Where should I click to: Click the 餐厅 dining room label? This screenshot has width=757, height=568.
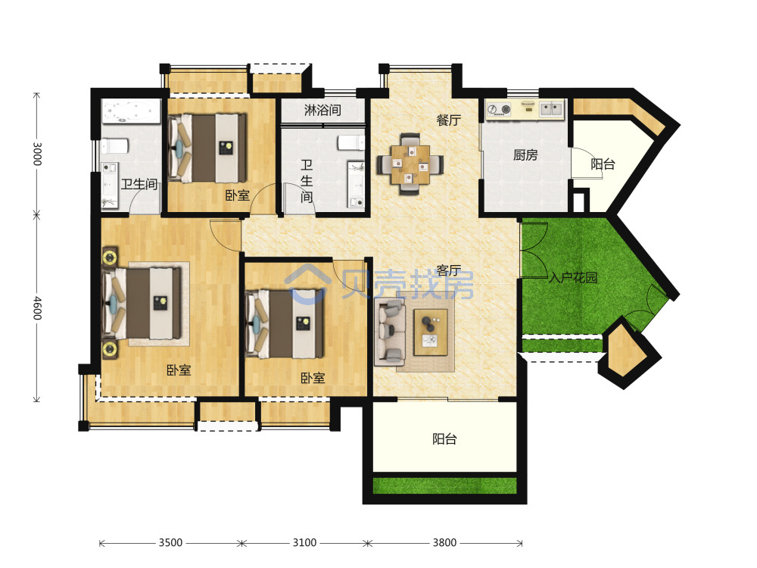[448, 120]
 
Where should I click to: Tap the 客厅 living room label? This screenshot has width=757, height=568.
[448, 271]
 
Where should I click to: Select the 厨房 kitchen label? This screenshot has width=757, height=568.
[525, 155]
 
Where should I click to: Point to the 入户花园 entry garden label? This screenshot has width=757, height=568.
[573, 278]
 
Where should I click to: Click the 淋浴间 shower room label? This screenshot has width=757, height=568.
[322, 110]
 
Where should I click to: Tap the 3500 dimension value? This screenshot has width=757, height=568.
[171, 543]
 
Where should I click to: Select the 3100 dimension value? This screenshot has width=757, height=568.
[304, 543]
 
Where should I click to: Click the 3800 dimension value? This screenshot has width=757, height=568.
[444, 543]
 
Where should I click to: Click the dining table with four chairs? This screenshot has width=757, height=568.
[410, 164]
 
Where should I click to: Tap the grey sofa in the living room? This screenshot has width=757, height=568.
[390, 332]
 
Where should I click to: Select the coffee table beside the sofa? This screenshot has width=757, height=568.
[431, 332]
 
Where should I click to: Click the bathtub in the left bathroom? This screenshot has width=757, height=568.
[131, 111]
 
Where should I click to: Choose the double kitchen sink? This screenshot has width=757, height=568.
[551, 108]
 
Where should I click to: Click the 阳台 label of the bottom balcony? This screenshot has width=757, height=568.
[444, 439]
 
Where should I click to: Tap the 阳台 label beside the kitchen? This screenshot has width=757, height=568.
[603, 164]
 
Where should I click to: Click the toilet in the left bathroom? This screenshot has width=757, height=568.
[115, 145]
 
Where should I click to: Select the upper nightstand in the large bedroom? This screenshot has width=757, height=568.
[110, 257]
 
